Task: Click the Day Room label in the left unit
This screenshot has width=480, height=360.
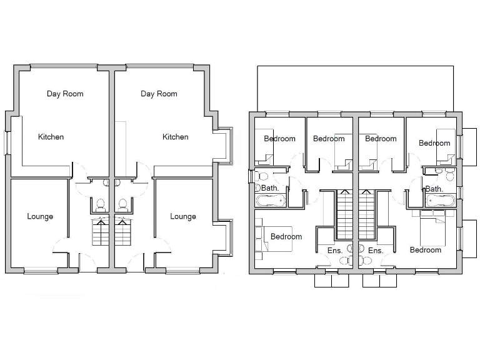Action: [x=65, y=94]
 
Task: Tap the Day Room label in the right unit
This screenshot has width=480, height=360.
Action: [x=159, y=94]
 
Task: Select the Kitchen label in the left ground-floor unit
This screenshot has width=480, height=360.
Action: [x=51, y=137]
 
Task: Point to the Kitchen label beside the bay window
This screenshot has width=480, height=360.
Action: [x=176, y=137]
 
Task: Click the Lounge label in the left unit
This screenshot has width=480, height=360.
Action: [x=40, y=217]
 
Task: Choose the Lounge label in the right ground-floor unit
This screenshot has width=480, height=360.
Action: [x=183, y=217]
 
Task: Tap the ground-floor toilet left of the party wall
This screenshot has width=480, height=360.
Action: [x=100, y=204]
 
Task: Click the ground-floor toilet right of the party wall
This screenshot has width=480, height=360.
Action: [x=123, y=204]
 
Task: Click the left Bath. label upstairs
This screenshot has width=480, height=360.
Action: [x=270, y=187]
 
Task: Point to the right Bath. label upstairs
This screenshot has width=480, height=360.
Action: [x=434, y=188]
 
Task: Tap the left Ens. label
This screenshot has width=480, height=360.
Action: [x=334, y=251]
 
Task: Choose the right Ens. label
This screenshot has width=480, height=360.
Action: [x=375, y=251]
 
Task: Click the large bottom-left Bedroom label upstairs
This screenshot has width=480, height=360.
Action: [x=286, y=237]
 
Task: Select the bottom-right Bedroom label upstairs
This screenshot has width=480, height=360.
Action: [x=426, y=250]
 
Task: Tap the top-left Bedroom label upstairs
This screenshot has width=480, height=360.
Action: [x=279, y=139]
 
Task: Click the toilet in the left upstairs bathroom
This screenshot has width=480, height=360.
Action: [x=262, y=176]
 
